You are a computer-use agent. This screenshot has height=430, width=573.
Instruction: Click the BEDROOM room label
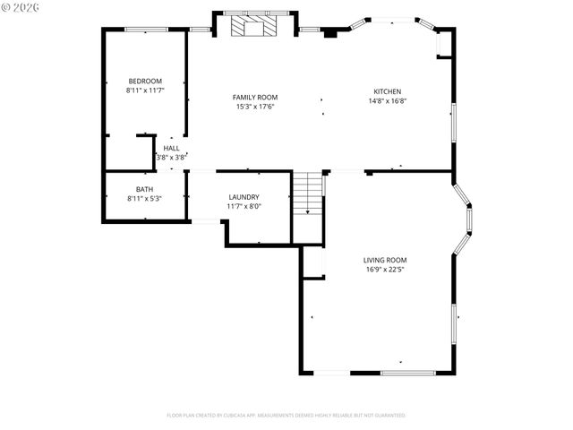click(x=144, y=82)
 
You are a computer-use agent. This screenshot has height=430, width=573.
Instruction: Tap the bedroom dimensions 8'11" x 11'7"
click(x=144, y=90)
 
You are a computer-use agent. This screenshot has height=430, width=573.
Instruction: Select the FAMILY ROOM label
click(x=255, y=98)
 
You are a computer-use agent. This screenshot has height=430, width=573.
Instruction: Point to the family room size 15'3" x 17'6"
click(x=255, y=107)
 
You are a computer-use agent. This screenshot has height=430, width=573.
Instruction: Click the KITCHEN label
click(x=387, y=91)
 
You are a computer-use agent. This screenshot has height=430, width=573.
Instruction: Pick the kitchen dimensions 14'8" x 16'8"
click(x=387, y=100)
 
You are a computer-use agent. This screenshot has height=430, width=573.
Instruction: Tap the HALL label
click(x=171, y=149)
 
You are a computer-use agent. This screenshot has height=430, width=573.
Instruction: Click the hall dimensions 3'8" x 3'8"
click(x=171, y=158)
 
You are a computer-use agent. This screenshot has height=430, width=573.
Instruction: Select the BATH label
click(x=144, y=189)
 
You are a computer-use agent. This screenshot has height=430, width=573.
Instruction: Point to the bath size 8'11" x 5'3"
click(x=144, y=198)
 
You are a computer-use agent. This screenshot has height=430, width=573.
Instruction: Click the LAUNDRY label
click(x=244, y=197)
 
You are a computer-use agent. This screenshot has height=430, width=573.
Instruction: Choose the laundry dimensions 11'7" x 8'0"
click(x=244, y=206)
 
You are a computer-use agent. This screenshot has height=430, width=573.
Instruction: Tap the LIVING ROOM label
click(x=385, y=261)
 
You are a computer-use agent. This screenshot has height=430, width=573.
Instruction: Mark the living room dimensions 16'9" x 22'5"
click(x=385, y=270)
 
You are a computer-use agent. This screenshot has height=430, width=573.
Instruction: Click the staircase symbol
click(x=307, y=193)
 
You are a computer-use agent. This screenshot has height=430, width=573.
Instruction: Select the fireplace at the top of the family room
click(x=254, y=26)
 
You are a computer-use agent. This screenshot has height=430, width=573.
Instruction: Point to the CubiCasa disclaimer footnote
click(x=286, y=416)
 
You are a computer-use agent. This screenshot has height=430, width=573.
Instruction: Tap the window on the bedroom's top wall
click(x=145, y=30)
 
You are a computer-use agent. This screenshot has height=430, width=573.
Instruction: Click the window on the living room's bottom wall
click(x=407, y=373)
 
